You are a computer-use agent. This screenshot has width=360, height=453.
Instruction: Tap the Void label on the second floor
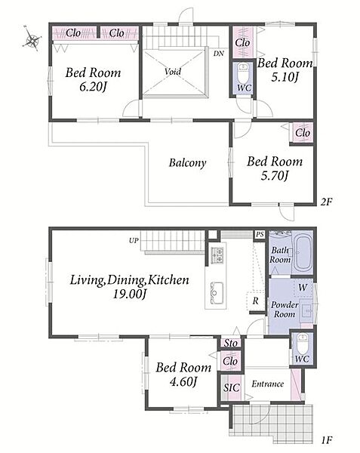(173, 72)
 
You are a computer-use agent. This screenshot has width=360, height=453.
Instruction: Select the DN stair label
(219, 54)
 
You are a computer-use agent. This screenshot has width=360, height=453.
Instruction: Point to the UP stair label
(134, 240)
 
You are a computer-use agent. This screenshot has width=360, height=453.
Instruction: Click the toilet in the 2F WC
(243, 72)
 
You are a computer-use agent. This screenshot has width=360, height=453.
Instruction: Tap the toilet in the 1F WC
(302, 344)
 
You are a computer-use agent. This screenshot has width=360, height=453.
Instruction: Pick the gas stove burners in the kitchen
(217, 255)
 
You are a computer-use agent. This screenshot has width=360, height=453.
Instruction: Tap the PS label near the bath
(260, 234)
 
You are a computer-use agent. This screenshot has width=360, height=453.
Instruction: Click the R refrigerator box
(256, 300)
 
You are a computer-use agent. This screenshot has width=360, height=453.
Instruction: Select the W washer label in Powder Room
(303, 288)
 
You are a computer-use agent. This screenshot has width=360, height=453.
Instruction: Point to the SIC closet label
(232, 387)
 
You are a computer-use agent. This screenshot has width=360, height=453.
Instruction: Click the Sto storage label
(231, 343)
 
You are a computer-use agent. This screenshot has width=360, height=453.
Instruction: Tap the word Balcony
(188, 163)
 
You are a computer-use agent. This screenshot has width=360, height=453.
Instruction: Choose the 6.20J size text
(94, 87)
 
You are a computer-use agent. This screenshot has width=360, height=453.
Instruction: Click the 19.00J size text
(130, 294)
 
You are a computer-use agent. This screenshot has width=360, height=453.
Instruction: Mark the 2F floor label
(327, 202)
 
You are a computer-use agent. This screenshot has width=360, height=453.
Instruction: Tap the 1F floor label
(327, 440)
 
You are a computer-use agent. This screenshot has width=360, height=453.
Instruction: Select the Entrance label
(268, 384)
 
